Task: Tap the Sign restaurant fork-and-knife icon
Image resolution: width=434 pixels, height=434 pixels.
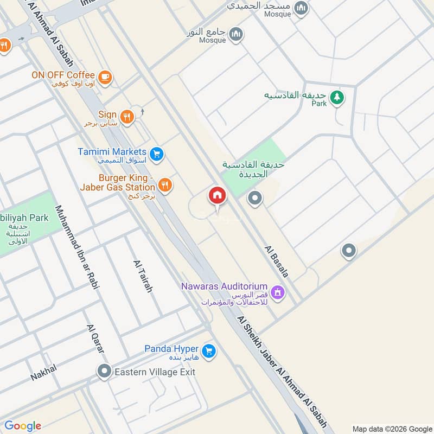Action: point(127,117)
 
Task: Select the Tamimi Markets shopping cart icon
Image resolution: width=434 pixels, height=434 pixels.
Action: point(157,155)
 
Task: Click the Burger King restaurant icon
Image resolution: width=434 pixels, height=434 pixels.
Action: point(166,186)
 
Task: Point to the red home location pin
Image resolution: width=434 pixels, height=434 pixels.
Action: point(217,196)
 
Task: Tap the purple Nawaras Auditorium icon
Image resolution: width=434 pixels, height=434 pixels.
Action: point(278,292)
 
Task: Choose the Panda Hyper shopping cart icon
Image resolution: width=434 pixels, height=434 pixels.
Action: point(209,352)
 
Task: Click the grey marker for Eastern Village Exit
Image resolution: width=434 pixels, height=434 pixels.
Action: point(104,372)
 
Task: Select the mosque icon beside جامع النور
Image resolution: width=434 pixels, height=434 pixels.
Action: point(235,35)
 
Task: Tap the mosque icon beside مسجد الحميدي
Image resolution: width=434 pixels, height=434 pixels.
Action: point(302,8)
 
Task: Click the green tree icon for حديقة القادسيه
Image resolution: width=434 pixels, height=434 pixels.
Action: point(337,98)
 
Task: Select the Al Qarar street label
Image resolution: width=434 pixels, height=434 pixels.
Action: point(95,340)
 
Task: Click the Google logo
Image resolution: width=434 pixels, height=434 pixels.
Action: point(23,426)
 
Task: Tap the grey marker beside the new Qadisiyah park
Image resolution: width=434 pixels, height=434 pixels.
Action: point(255,199)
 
